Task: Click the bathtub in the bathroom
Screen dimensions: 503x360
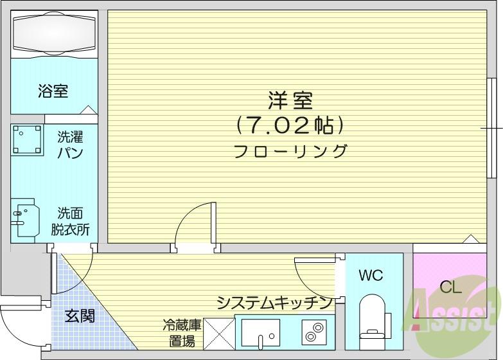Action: click(x=54, y=33)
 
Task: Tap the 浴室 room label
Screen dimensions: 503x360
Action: click(x=53, y=91)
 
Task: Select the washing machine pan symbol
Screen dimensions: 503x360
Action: click(x=27, y=140)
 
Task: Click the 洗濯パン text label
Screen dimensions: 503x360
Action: click(x=70, y=145)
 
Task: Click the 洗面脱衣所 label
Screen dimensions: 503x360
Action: click(x=70, y=222)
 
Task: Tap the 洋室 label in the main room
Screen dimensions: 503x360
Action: click(x=290, y=100)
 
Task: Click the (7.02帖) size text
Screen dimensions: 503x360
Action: click(x=290, y=125)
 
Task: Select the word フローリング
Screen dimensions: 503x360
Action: click(x=290, y=151)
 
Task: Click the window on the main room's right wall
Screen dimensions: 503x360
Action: click(x=490, y=128)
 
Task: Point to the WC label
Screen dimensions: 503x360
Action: click(x=371, y=275)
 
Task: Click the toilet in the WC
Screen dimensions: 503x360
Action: click(x=373, y=322)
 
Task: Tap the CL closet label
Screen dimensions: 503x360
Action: click(x=450, y=287)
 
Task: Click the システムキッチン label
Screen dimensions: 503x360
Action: click(x=274, y=303)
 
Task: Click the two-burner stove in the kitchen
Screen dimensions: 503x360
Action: click(x=314, y=332)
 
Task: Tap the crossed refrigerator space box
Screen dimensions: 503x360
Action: click(x=219, y=334)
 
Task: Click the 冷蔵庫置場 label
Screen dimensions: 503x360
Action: click(x=182, y=333)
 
